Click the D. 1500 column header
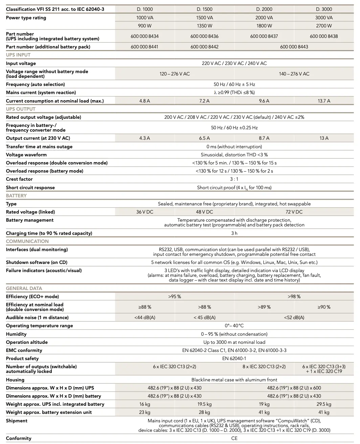tap(204, 9)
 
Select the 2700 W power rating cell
tap(324, 26)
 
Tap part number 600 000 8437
tap(264, 36)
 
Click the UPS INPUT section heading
tap(18, 55)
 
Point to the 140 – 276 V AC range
tap(294, 74)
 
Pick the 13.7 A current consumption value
tap(324, 101)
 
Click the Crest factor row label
tap(19, 179)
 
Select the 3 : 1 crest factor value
tap(234, 179)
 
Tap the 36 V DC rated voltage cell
tap(145, 212)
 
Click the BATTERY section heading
tap(16, 196)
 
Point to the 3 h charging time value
tap(234, 233)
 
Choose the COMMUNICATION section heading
tap(27, 241)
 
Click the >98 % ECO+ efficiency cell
tap(294, 296)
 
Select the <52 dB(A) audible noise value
tap(294, 317)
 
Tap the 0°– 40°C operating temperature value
tap(234, 326)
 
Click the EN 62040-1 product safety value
tap(234, 358)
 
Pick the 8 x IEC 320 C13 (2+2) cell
tap(264, 367)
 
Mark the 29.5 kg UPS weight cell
tap(324, 404)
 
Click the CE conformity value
tap(234, 438)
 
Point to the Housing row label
tap(15, 380)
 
